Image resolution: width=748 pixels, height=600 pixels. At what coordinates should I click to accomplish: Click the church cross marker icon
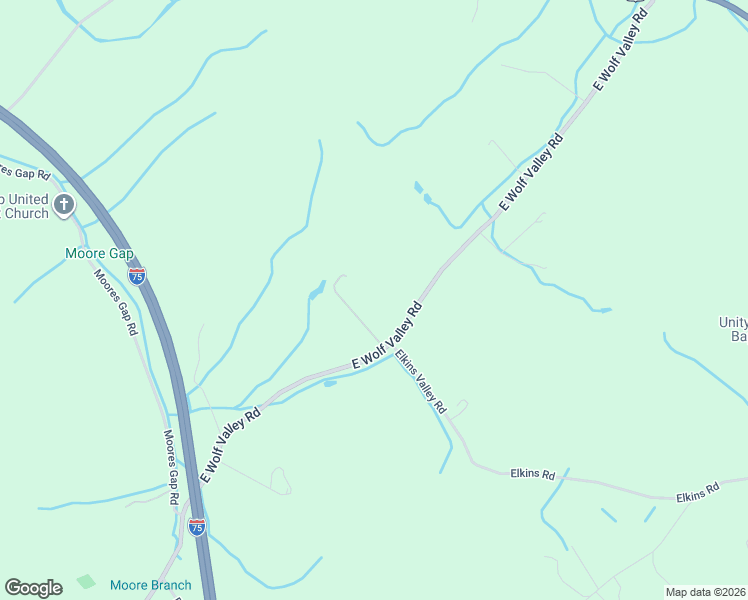(64, 206)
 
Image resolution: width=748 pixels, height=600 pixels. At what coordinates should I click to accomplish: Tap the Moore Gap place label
(99, 254)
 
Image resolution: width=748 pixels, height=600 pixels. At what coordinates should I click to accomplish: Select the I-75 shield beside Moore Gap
(137, 274)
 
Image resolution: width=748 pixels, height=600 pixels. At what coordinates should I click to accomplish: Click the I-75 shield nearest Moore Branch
(197, 526)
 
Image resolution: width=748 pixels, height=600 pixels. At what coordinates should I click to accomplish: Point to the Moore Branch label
(150, 585)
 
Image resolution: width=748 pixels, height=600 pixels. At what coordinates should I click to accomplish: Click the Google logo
(33, 587)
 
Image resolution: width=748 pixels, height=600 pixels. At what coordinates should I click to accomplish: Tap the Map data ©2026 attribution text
(705, 592)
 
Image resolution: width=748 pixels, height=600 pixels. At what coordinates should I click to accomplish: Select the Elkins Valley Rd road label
(419, 381)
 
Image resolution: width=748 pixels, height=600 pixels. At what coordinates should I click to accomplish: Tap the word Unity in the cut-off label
(732, 322)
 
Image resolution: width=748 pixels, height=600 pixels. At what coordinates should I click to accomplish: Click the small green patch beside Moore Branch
(86, 581)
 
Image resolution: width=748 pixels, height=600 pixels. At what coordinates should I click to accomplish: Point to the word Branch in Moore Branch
(169, 585)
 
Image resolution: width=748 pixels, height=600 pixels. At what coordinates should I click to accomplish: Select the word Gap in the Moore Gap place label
(122, 254)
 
